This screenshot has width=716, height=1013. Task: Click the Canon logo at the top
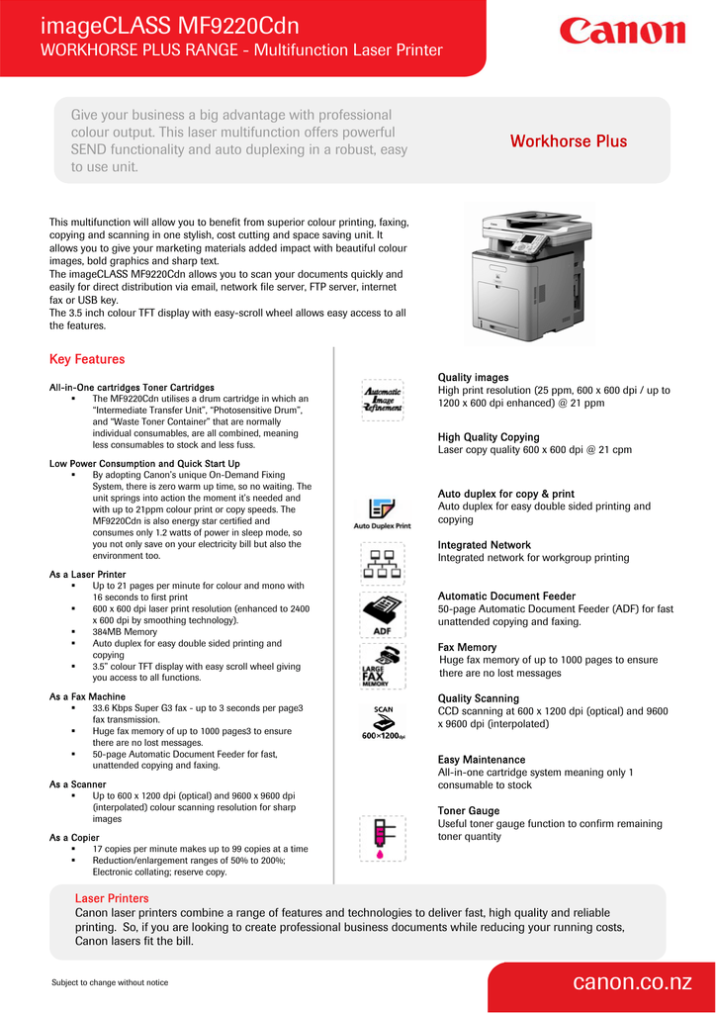tap(622, 32)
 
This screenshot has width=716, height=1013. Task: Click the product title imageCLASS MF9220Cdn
tap(170, 25)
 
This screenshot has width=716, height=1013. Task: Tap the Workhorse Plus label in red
tap(568, 141)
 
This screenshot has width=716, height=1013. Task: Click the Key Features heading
tap(87, 359)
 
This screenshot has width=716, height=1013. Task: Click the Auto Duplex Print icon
tap(382, 512)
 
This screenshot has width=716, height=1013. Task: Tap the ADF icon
tap(382, 615)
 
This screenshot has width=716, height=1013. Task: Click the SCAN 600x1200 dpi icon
tap(382, 722)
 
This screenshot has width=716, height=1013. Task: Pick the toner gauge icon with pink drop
tap(382, 836)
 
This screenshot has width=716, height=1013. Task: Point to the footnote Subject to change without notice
tap(110, 982)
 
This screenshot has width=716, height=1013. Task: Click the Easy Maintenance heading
tap(482, 760)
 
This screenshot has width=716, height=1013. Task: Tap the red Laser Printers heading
tap(112, 898)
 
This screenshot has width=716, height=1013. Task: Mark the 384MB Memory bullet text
tap(125, 631)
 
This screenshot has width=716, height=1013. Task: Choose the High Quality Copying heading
tap(489, 437)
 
